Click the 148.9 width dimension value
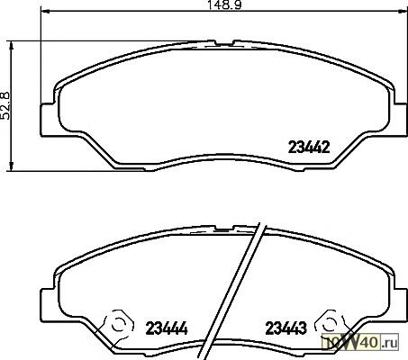click(x=225, y=4)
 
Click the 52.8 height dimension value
click(x=6, y=106)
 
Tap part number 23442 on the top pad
click(x=309, y=147)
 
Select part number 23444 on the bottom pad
click(x=167, y=328)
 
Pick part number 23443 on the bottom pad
click(x=286, y=328)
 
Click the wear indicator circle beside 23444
click(x=118, y=325)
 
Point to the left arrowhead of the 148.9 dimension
click(x=44, y=11)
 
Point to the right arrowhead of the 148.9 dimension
click(x=403, y=11)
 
